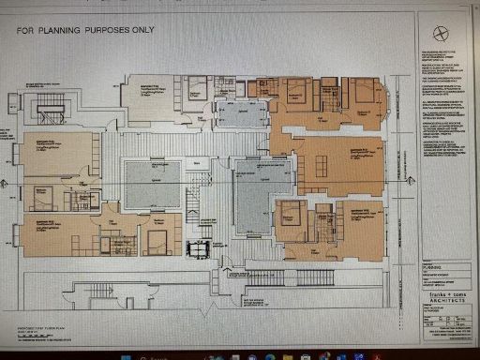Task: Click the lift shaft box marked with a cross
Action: tap(200, 248)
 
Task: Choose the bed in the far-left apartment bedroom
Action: tap(42, 196)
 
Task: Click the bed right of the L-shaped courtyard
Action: tap(292, 210)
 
